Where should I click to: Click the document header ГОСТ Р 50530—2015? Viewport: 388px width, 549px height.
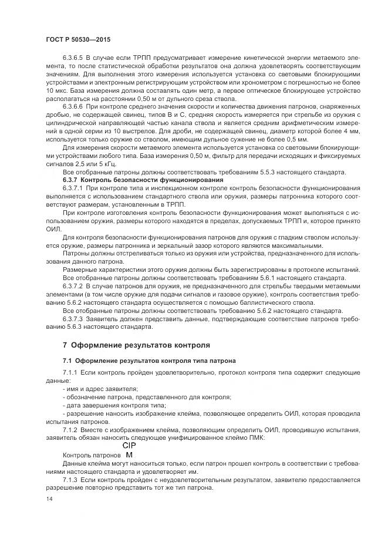click(x=77, y=39)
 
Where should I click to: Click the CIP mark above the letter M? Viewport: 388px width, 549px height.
click(x=129, y=446)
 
